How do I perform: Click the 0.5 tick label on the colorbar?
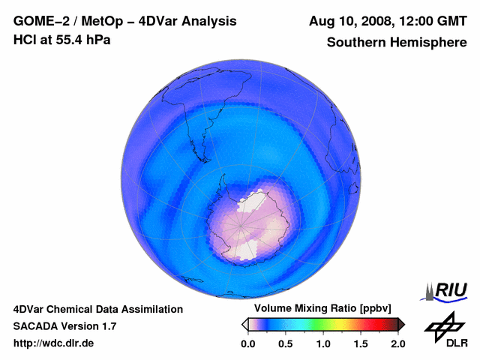285,343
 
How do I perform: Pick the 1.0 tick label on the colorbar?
323,343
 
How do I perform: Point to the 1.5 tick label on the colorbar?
361,343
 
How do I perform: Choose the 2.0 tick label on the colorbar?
398,343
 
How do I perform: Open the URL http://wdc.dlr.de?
54,343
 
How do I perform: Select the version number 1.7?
107,326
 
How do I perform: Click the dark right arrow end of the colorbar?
401,324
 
